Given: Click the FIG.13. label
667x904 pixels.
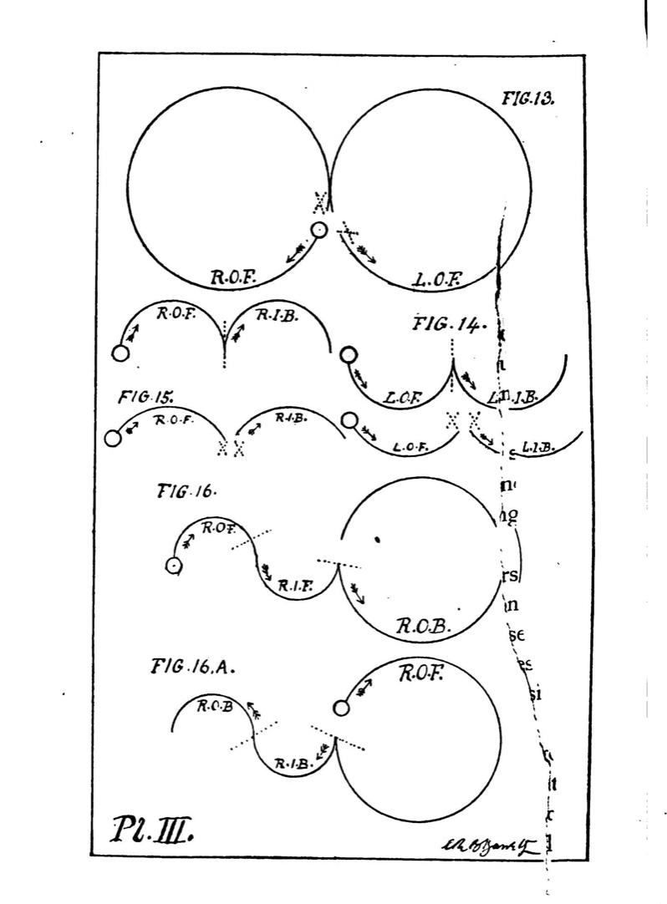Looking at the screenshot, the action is point(528,99).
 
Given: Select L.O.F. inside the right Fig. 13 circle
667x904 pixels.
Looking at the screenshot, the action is point(440,278).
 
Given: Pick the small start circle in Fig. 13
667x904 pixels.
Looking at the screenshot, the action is point(318,230).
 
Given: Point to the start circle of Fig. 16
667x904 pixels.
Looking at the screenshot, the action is point(173,566).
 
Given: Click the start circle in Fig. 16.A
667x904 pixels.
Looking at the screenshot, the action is point(339,708).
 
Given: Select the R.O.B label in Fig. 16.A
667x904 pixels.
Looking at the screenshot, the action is point(215,706).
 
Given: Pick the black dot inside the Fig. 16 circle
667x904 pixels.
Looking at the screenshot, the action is point(377,539).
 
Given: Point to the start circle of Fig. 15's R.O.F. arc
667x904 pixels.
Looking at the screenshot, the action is point(113,438).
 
